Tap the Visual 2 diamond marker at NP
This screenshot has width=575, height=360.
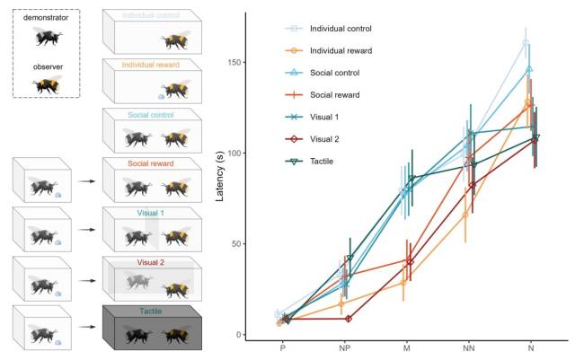[x=348, y=319]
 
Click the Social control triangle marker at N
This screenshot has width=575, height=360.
[x=529, y=68]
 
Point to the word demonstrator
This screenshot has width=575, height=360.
[x=47, y=18]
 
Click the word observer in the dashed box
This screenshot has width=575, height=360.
[x=47, y=66]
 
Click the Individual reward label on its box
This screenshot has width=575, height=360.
[x=152, y=65]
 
